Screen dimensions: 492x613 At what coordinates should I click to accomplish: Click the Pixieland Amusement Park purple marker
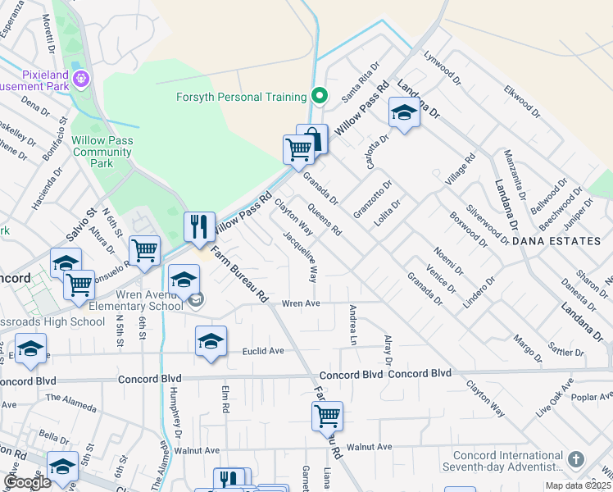[80, 80]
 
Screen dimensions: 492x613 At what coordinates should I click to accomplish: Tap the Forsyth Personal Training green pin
[320, 97]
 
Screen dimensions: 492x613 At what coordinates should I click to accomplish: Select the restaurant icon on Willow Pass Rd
[199, 227]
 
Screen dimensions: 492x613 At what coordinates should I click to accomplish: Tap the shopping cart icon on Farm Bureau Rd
[327, 416]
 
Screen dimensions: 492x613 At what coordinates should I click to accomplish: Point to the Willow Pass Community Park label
[102, 152]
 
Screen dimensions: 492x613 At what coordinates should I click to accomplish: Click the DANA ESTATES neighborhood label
[552, 242]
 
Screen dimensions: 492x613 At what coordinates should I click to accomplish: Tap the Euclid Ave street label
[263, 351]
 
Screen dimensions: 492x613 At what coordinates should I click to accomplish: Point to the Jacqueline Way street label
[301, 256]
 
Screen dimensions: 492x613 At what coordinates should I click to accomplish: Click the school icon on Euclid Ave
[211, 342]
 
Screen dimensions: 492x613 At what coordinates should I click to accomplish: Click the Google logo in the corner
[27, 482]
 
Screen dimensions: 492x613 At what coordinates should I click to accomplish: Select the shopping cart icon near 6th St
[144, 250]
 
